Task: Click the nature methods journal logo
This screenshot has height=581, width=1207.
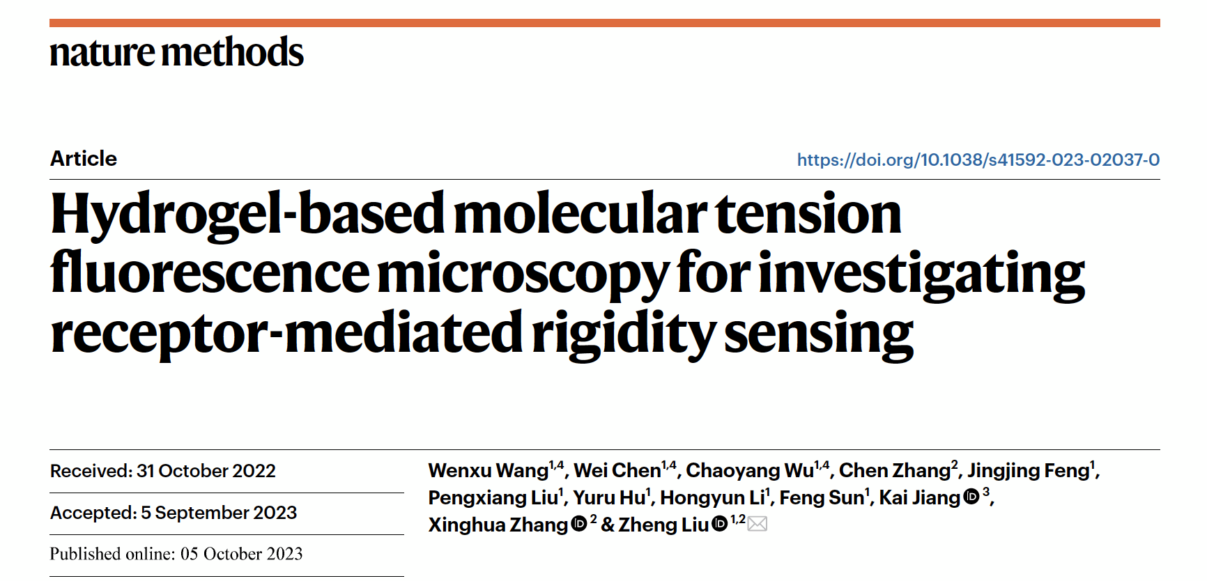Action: [176, 53]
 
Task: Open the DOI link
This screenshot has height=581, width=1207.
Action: [978, 160]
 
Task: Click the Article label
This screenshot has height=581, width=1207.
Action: [84, 159]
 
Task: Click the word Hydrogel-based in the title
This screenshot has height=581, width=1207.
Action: [247, 215]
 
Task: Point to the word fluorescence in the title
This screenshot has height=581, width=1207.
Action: [210, 273]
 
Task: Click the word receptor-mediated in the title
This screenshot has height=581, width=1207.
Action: [286, 333]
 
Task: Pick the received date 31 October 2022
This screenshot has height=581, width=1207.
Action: [206, 471]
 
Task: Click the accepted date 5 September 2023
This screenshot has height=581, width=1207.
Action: [218, 513]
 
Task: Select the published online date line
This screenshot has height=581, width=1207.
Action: [176, 554]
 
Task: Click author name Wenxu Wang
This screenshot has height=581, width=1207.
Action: [488, 471]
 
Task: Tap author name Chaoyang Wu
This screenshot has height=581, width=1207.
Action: [749, 471]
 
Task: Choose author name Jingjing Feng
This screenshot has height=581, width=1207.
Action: [1028, 471]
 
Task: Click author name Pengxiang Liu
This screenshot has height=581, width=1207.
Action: [493, 498]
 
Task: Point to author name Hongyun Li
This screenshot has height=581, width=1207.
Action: [712, 498]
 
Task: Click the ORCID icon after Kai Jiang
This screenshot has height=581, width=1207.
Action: [971, 497]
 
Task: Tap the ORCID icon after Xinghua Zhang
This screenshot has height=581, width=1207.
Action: [579, 525]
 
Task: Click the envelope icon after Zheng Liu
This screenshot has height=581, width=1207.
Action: [758, 524]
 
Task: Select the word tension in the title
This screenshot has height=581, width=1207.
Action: [808, 215]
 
